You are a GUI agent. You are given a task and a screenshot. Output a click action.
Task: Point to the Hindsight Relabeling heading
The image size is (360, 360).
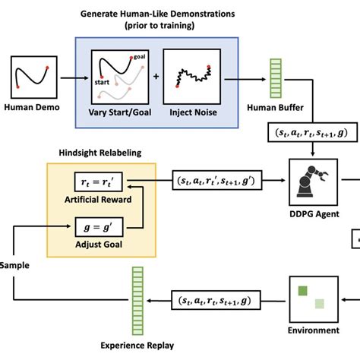pos(99,152)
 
